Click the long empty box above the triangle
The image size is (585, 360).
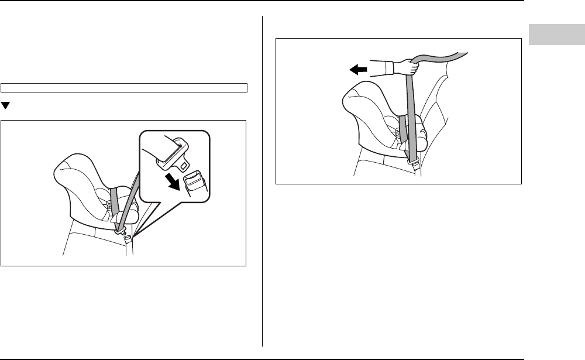click(x=124, y=88)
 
